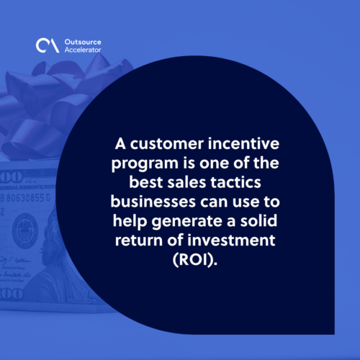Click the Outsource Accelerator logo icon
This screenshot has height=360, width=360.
tap(48, 45)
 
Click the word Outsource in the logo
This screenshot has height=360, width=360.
tap(83, 42)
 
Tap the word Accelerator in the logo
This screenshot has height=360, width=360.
tap(83, 50)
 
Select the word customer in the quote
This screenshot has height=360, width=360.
tap(167, 144)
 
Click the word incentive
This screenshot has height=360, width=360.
tap(243, 143)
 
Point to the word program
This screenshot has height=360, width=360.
tap(145, 164)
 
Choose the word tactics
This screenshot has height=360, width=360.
tap(235, 182)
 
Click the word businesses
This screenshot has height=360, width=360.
tap(153, 202)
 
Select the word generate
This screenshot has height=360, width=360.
tap(186, 222)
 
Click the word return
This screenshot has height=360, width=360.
tap(139, 240)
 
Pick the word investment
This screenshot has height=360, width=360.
tap(231, 240)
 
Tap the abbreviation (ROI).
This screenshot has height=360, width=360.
tap(195, 260)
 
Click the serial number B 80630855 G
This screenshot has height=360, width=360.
tap(25, 198)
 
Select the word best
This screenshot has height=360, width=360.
tap(146, 182)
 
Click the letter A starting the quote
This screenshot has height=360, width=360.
tap(120, 144)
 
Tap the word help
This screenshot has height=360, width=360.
tap(130, 221)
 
